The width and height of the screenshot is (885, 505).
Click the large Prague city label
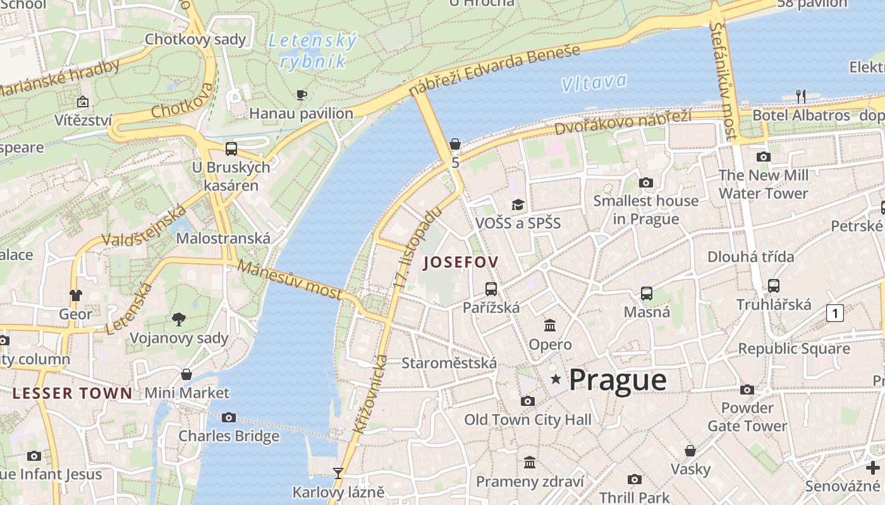pos(618,380)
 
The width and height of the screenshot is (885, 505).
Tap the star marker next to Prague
pos(556,379)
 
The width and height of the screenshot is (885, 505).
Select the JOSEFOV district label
pos(461,262)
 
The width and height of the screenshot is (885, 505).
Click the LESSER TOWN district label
pos(73,393)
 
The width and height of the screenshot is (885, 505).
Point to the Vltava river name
pos(594,82)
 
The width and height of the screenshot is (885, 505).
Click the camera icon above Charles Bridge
pos(229,417)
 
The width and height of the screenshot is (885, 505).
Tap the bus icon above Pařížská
pos(491,289)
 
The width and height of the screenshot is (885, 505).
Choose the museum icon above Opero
pos(550,326)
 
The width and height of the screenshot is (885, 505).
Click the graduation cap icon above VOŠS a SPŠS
pos(518,205)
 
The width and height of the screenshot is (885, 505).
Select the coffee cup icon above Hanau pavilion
pos(302,95)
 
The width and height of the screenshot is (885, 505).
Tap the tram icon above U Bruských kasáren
pos(231,149)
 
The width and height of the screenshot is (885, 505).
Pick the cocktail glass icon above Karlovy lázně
pos(338,473)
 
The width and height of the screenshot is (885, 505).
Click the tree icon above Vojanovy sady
pos(179,319)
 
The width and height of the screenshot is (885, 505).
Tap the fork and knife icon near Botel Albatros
pos(801,97)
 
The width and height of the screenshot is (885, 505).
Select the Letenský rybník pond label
pos(313,51)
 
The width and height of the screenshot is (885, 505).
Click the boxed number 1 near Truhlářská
pos(835,312)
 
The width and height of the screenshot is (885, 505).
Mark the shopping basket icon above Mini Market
pos(186,374)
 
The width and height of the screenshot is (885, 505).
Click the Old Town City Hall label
pos(528,420)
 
